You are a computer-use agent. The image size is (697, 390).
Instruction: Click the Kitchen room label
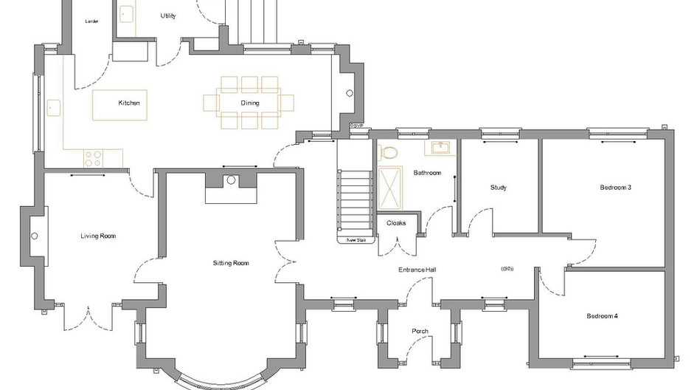(129, 103)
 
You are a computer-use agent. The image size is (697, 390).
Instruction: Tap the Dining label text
(249, 103)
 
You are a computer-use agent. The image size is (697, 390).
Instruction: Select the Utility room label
(168, 16)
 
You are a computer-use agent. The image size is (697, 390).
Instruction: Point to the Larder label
(92, 21)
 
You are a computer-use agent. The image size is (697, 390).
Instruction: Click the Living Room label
(98, 236)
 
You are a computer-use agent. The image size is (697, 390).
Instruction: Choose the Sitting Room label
(231, 263)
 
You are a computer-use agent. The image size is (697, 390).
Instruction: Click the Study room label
(499, 188)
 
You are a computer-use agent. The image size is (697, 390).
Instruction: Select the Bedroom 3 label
(615, 188)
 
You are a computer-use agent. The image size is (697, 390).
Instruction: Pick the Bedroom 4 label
(602, 316)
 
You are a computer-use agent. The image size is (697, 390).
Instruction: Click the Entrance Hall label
(417, 270)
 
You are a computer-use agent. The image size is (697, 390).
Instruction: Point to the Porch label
(420, 331)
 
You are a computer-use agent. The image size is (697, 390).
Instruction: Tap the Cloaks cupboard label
(396, 223)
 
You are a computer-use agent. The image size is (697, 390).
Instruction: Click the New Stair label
(356, 240)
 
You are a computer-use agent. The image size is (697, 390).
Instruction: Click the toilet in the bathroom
(389, 153)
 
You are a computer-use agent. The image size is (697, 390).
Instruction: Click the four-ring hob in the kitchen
(93, 158)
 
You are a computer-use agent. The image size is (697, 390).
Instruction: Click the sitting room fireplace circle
(231, 179)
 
